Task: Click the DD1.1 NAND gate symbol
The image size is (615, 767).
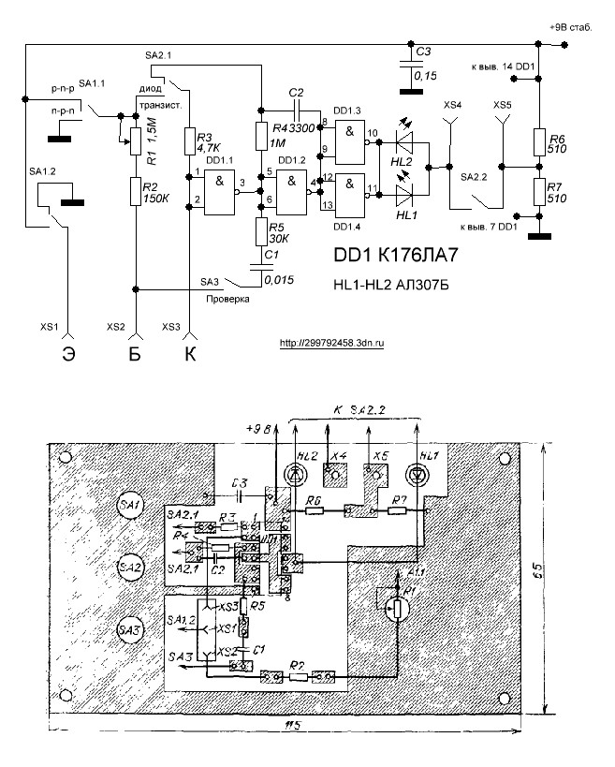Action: point(220,183)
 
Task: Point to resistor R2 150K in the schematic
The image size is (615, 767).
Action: point(137,193)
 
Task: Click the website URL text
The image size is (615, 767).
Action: point(332,343)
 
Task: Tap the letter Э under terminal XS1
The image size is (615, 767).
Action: point(68,354)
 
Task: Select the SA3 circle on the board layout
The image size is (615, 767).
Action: point(130,632)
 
